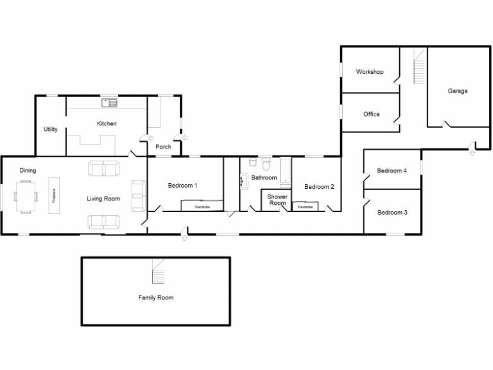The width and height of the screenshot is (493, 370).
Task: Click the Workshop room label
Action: click(370, 72)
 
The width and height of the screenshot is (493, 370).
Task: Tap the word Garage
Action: click(458, 91)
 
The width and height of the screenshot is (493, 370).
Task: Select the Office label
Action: click(371, 114)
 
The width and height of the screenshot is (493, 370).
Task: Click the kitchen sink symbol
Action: click(108, 102)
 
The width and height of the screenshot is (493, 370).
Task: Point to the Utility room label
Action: click(51, 129)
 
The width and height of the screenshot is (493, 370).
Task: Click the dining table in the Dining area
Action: click(26, 196)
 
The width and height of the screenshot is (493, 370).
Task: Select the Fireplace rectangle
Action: click(54, 195)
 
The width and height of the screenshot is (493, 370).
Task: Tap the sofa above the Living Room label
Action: click(103, 169)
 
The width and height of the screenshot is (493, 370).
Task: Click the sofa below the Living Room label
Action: click(103, 222)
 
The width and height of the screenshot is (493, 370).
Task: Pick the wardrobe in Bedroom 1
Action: click(202, 206)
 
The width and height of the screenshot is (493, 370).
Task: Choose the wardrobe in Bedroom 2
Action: click(305, 207)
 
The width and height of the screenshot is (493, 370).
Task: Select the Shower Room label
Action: click(277, 200)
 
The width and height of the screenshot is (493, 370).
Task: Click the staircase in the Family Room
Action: click(158, 272)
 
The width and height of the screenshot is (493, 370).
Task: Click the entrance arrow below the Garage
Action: click(472, 151)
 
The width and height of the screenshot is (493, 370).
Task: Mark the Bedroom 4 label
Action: click(392, 171)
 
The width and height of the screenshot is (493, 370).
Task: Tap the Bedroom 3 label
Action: click(392, 213)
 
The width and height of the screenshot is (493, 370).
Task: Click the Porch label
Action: click(163, 146)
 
